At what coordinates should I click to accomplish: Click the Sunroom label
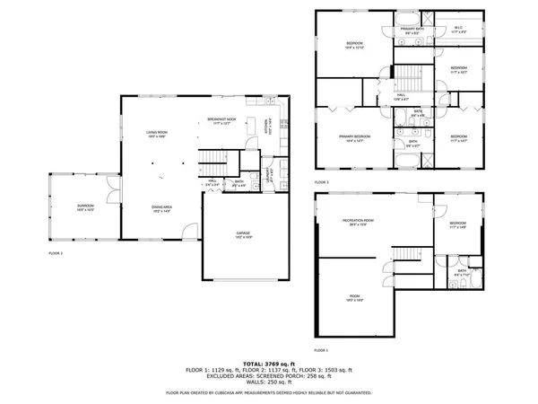click(84, 208)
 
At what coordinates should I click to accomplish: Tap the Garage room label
click(243, 233)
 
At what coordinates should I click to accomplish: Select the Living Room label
click(159, 134)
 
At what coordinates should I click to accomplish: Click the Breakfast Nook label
click(221, 121)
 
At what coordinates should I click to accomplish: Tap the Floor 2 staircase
click(211, 162)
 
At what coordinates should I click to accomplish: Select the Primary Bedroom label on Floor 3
click(354, 137)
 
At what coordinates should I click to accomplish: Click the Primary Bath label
click(412, 30)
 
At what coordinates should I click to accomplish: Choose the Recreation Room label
click(357, 222)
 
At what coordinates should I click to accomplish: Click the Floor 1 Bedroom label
click(457, 224)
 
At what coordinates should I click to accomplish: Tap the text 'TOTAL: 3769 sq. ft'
click(269, 363)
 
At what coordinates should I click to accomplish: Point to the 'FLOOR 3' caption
click(321, 182)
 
